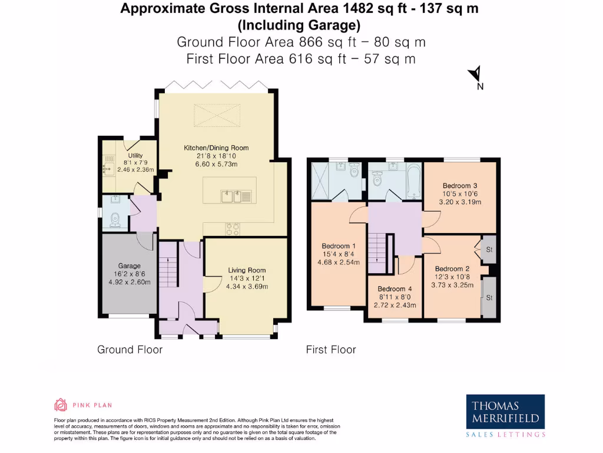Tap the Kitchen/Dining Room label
coord(216,148)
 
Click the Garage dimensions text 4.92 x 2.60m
coord(129,282)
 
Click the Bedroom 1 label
coord(338,246)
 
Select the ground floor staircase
coord(168,265)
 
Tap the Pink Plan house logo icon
coord(60,405)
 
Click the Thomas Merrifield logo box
coord(505,412)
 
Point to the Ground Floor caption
coord(130,350)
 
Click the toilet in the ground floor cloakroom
coord(115,220)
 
